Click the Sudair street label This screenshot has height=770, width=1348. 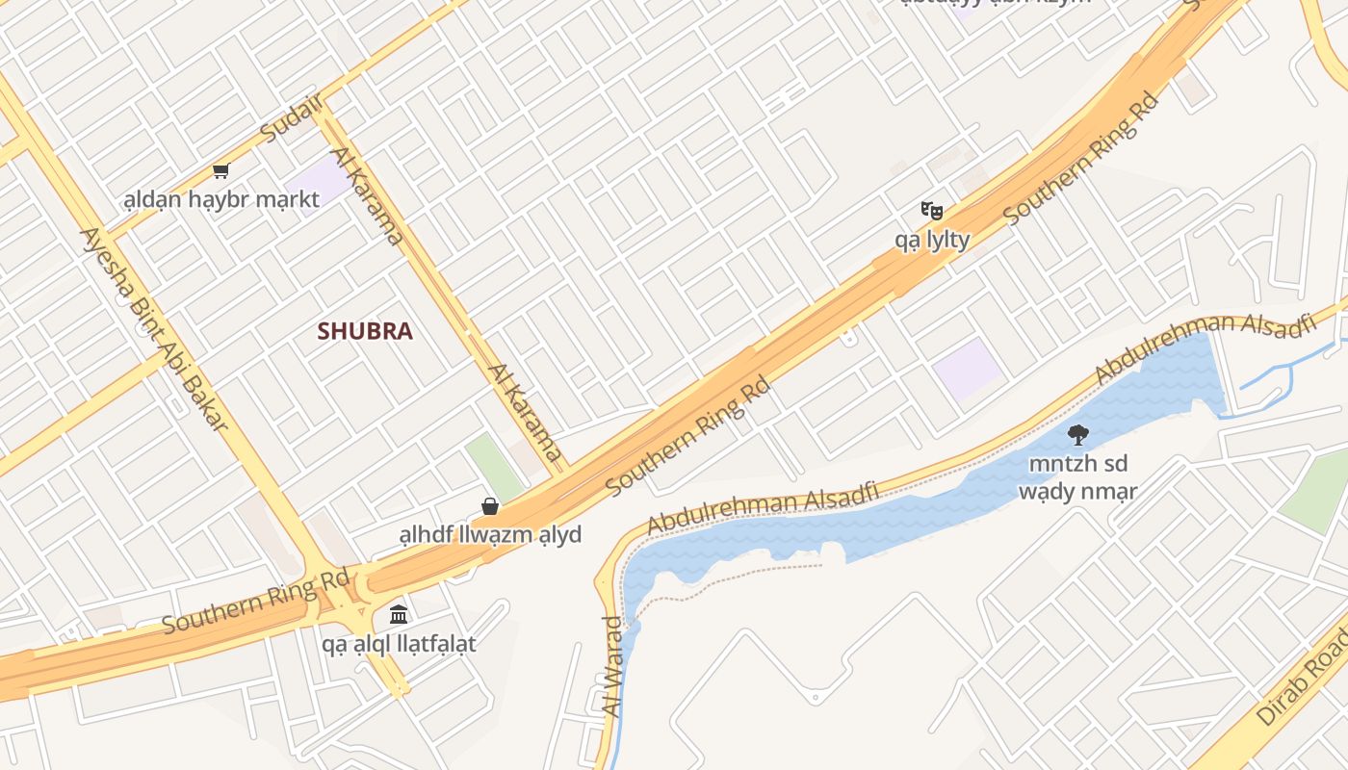(x=292, y=119)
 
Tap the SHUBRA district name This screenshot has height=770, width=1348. (x=365, y=331)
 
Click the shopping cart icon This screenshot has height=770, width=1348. (x=221, y=171)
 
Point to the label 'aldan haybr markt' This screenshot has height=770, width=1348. (x=221, y=200)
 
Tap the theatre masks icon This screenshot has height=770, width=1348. (x=931, y=210)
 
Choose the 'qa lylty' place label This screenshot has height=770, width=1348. (x=932, y=239)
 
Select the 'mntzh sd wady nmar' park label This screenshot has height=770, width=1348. (x=1078, y=477)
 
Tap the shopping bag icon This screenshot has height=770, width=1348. (x=490, y=506)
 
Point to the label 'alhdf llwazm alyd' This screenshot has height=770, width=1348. (x=490, y=534)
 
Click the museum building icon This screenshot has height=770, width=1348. (x=399, y=614)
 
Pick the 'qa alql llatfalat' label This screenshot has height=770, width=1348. (x=399, y=643)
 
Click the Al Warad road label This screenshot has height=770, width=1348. (x=611, y=666)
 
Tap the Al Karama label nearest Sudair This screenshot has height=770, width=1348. (x=366, y=195)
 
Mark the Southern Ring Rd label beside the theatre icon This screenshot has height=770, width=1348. (x=1079, y=159)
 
